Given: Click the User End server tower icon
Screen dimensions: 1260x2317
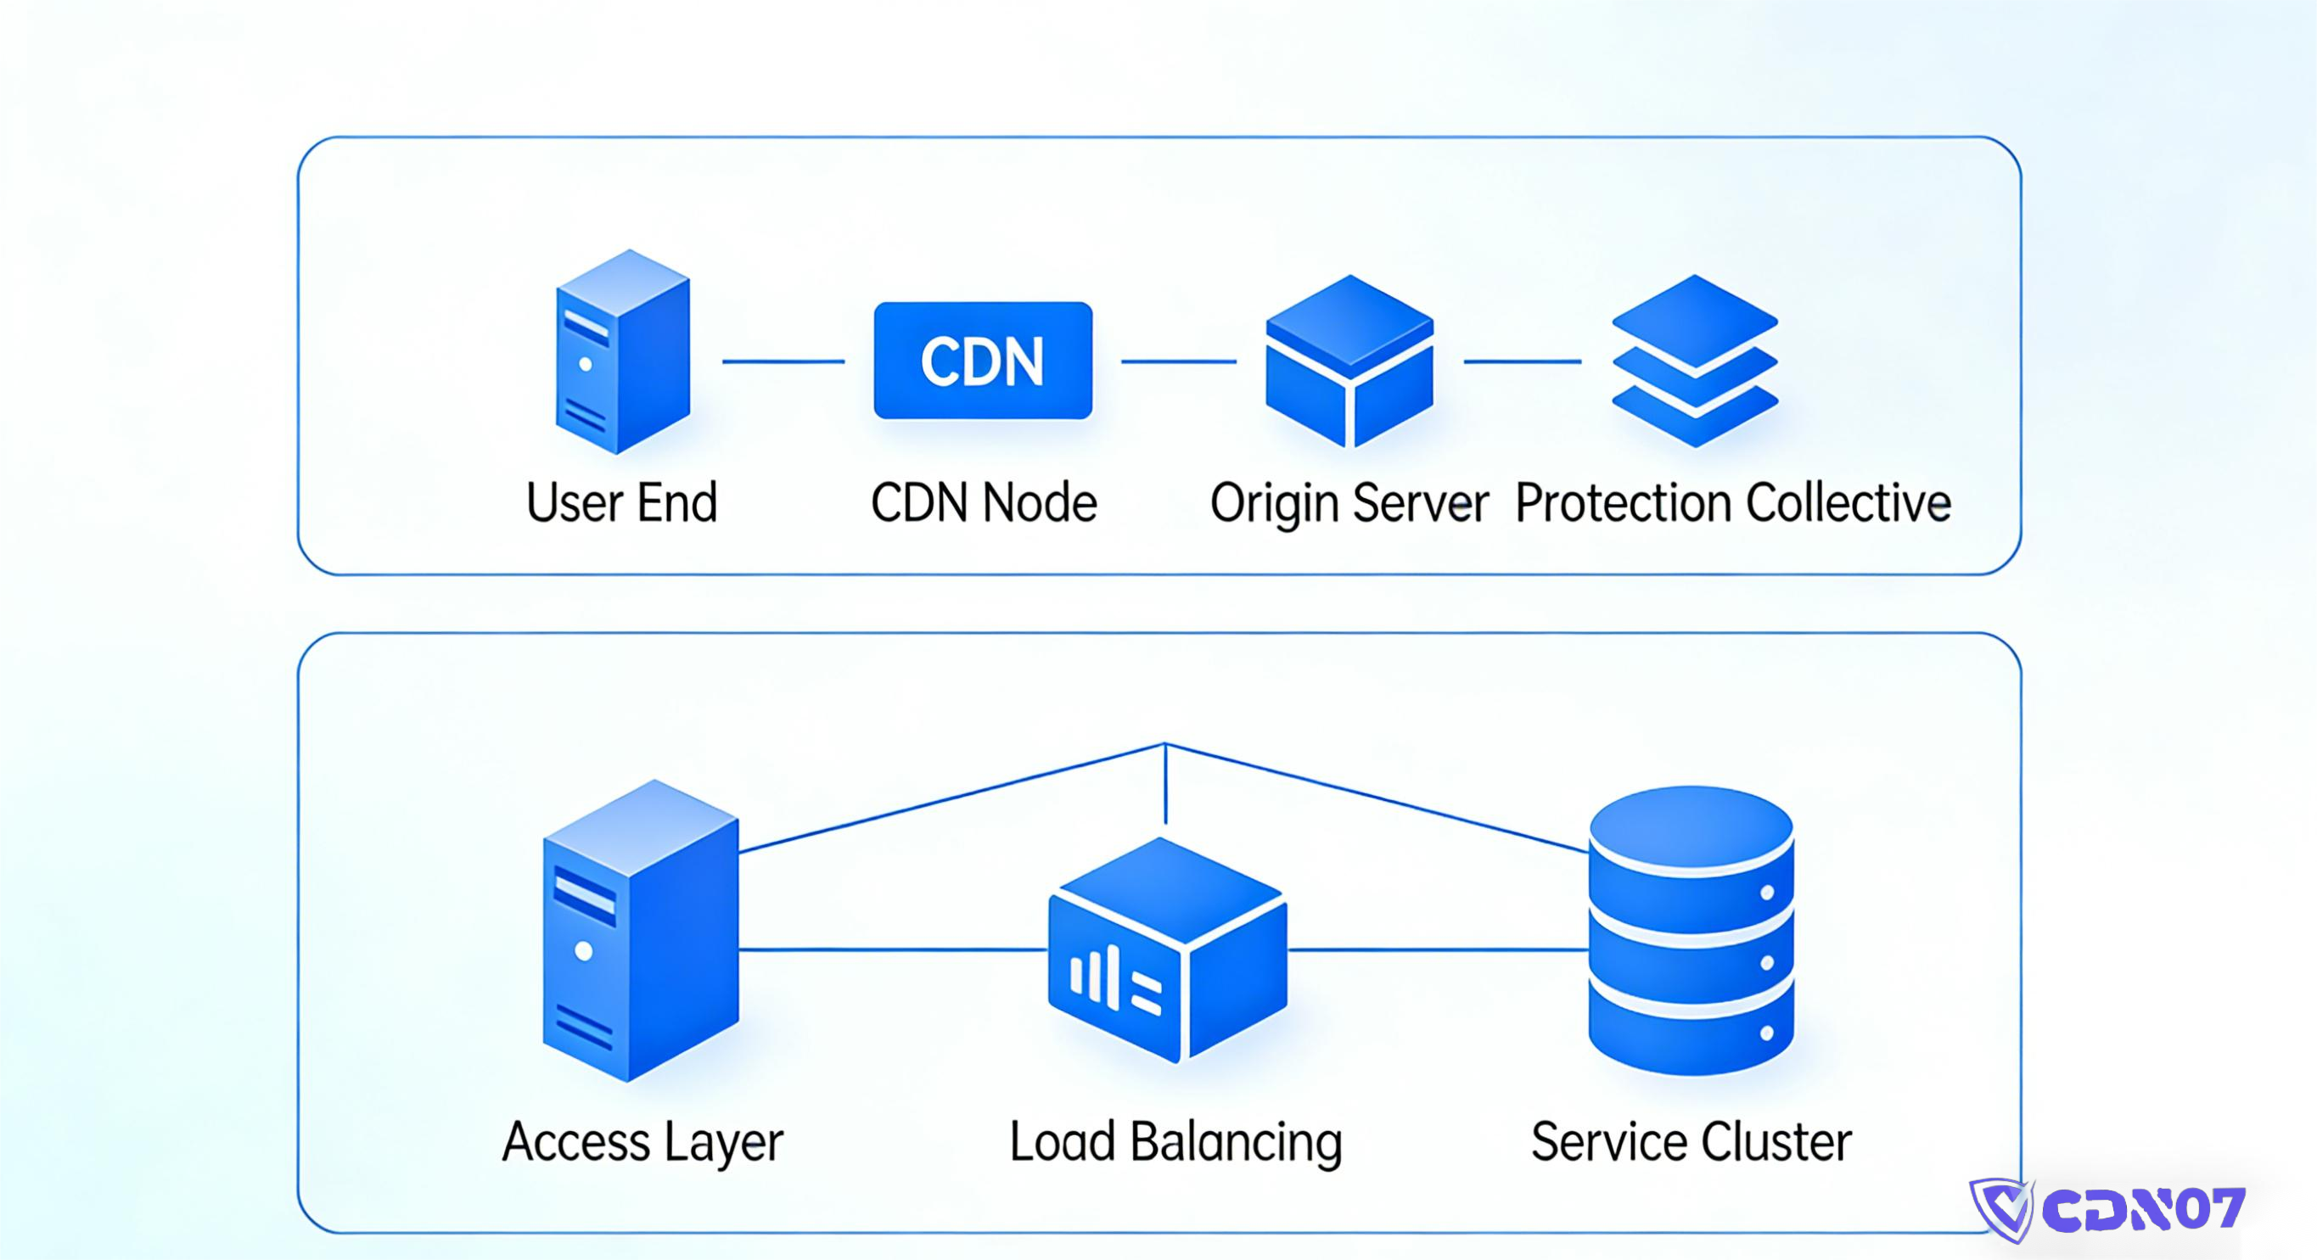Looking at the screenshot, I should click(622, 353).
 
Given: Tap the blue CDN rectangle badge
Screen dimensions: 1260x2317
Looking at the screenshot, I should click(983, 361).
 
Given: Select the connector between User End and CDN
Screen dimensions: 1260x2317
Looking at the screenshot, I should click(783, 361).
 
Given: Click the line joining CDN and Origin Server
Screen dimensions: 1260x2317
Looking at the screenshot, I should click(1178, 361).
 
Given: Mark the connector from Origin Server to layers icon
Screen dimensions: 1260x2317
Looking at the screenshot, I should click(1522, 361).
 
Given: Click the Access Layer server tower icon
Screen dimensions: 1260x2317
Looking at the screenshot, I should click(641, 931).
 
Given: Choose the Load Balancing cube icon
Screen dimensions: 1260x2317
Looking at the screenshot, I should click(1168, 949).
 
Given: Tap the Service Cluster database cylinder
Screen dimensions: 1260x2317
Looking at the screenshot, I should click(1691, 931).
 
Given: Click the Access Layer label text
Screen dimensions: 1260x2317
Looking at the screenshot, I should click(642, 1142).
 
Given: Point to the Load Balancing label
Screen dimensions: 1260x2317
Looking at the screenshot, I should click(1175, 1142).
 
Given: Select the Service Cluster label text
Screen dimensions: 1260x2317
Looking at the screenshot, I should click(1691, 1142).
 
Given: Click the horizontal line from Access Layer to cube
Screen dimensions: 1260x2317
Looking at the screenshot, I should click(890, 949).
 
